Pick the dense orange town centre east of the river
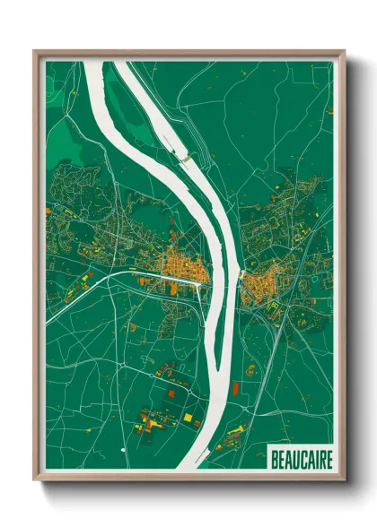click(260, 285)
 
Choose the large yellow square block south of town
click(188, 418)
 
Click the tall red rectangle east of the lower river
click(237, 387)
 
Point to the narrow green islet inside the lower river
click(216, 359)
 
